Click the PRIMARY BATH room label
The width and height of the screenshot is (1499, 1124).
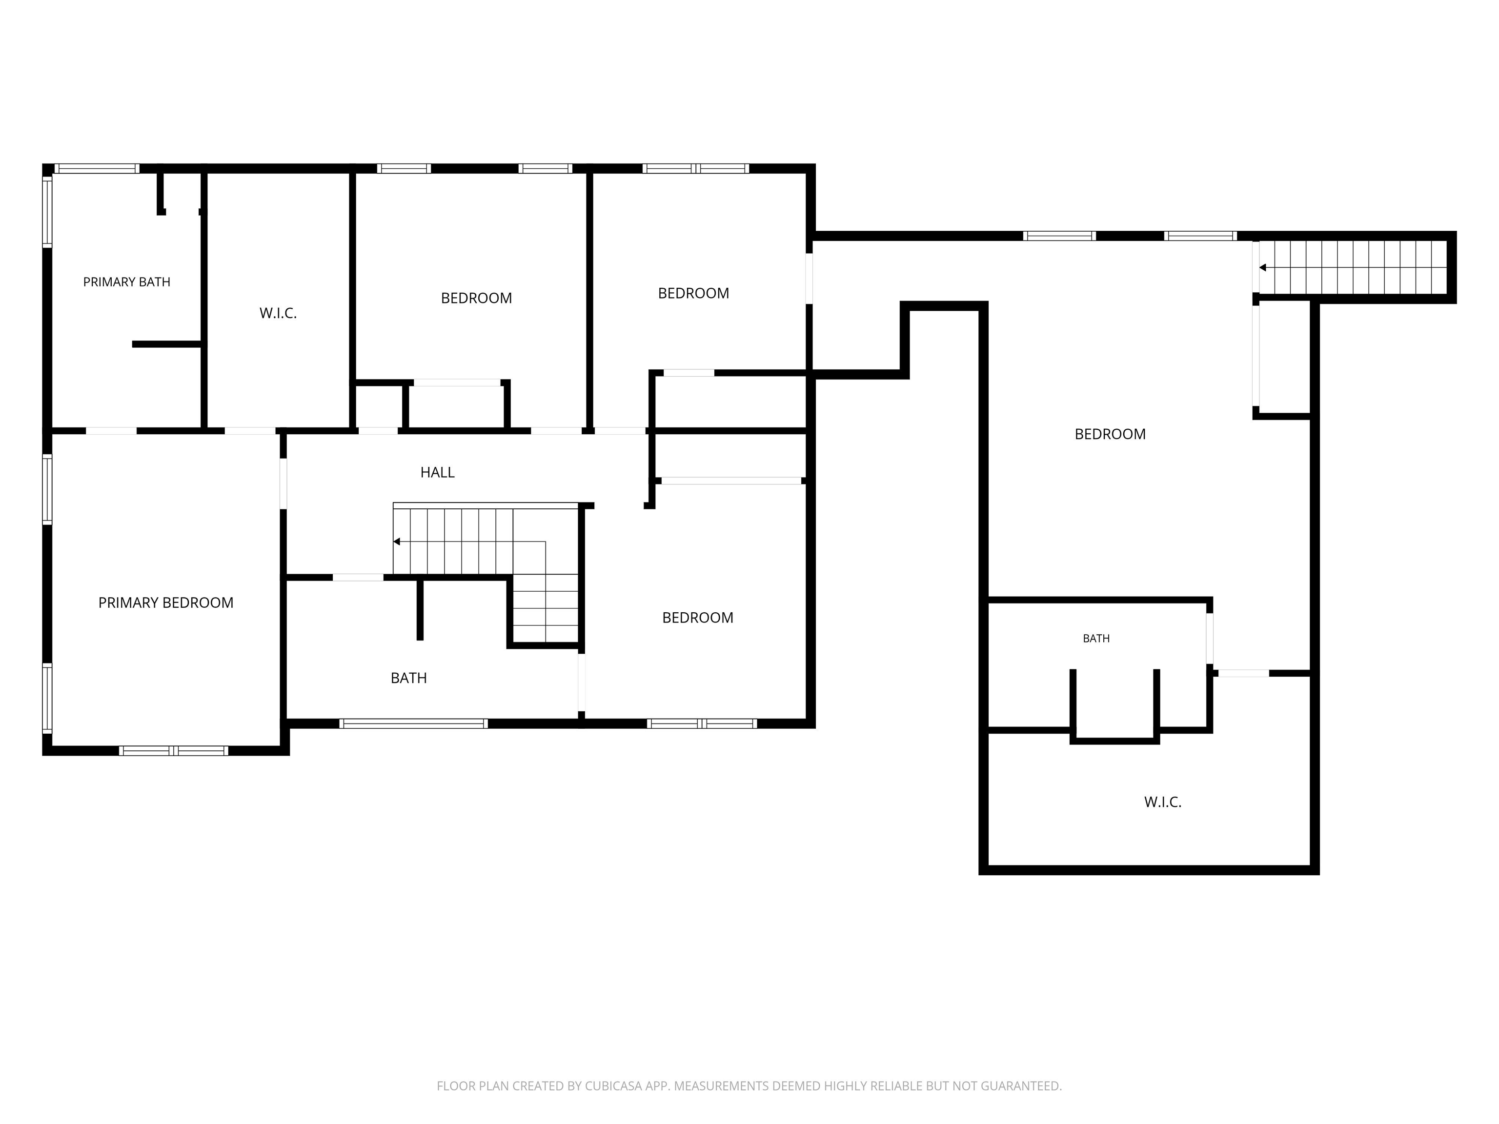tap(127, 282)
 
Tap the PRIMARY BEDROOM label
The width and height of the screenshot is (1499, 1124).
tap(166, 602)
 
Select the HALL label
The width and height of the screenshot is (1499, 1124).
tap(437, 472)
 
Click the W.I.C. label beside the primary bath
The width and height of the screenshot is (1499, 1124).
tap(278, 313)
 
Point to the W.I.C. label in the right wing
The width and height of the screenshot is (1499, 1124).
tap(1163, 802)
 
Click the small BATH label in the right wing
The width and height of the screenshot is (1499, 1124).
tap(1096, 638)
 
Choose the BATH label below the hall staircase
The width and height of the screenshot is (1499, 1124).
tap(408, 678)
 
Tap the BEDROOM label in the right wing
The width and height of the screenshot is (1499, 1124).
tap(1110, 434)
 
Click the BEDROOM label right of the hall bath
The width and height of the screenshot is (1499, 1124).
tap(697, 617)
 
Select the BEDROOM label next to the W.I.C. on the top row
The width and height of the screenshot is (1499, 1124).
tap(476, 298)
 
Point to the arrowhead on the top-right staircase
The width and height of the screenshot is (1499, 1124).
tap(1262, 268)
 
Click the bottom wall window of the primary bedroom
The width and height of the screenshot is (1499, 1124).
tap(174, 751)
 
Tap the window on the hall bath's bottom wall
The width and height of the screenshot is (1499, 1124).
tap(413, 723)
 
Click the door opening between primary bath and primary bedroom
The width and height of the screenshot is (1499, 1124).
tap(111, 431)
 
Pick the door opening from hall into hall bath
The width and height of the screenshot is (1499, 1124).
tap(358, 577)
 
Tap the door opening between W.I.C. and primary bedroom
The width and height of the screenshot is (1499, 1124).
tap(250, 431)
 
